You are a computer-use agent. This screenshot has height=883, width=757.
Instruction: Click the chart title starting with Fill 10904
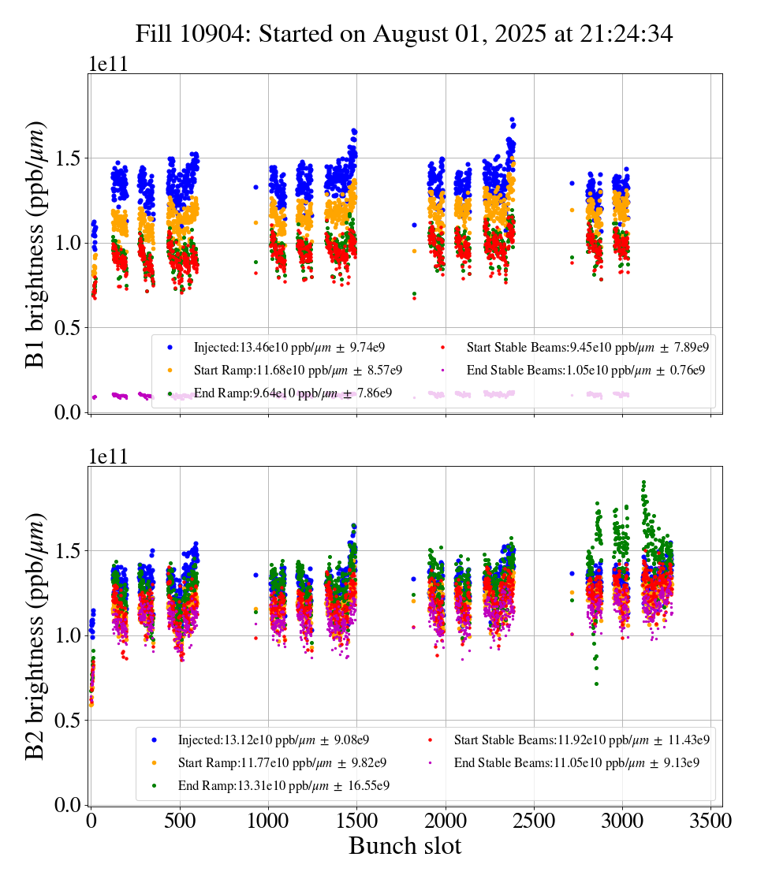click(404, 34)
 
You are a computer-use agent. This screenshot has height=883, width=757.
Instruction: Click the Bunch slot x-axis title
click(405, 847)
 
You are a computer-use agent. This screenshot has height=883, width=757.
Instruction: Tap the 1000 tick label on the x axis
click(268, 822)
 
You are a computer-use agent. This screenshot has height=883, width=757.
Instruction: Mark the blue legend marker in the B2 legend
click(154, 740)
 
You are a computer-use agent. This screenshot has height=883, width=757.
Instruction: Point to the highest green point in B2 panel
click(644, 482)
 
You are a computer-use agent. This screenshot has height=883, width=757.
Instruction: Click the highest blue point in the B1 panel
click(513, 120)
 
